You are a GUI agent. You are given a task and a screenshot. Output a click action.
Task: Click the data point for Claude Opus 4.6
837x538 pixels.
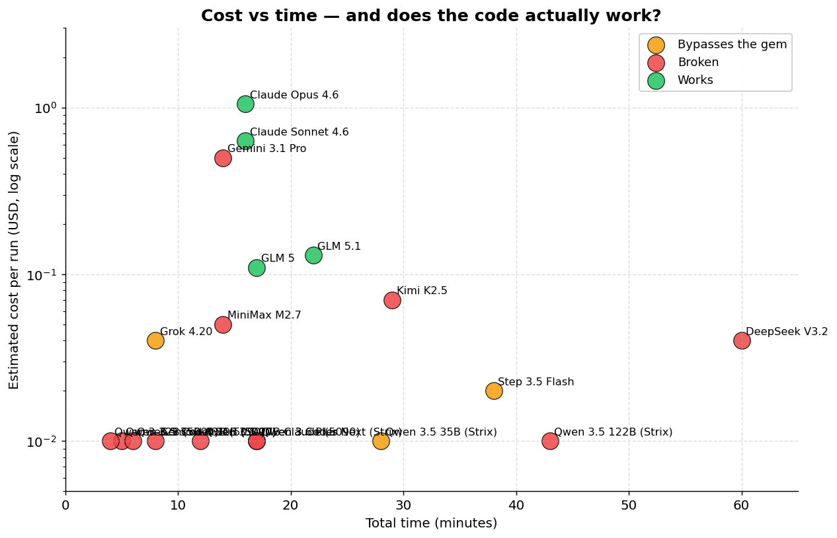245,104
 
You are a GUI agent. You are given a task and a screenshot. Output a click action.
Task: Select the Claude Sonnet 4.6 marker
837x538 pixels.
245,141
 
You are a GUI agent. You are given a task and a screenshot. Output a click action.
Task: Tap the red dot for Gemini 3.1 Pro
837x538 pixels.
223,158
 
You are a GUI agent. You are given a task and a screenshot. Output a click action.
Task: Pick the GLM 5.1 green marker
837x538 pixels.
313,255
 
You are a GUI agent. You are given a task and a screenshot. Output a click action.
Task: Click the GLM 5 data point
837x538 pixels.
257,268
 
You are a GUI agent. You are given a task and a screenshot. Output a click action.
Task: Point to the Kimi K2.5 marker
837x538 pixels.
392,300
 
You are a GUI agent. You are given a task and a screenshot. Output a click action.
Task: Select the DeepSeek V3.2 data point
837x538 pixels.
742,340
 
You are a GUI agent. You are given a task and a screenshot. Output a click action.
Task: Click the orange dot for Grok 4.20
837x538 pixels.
155,340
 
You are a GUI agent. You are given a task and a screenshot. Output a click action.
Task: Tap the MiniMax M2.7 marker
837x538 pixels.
223,325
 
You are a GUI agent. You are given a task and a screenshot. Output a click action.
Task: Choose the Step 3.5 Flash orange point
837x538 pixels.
494,391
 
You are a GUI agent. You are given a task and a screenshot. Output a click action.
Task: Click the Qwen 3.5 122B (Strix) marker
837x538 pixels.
550,441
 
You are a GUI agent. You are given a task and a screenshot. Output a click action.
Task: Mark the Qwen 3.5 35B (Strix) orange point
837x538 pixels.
381,441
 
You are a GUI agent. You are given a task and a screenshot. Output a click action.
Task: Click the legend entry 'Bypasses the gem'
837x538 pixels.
732,45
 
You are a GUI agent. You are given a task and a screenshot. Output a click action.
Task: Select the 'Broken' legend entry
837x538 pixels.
697,63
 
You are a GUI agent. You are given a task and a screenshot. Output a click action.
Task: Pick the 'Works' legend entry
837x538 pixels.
695,80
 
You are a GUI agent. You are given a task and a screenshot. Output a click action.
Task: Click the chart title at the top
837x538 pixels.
431,16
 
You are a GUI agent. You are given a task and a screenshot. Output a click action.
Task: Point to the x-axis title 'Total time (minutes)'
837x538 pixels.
431,523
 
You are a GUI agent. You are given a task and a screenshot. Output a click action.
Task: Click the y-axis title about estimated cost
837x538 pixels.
14,259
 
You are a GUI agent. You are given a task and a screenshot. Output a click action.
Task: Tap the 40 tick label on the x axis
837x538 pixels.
516,506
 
